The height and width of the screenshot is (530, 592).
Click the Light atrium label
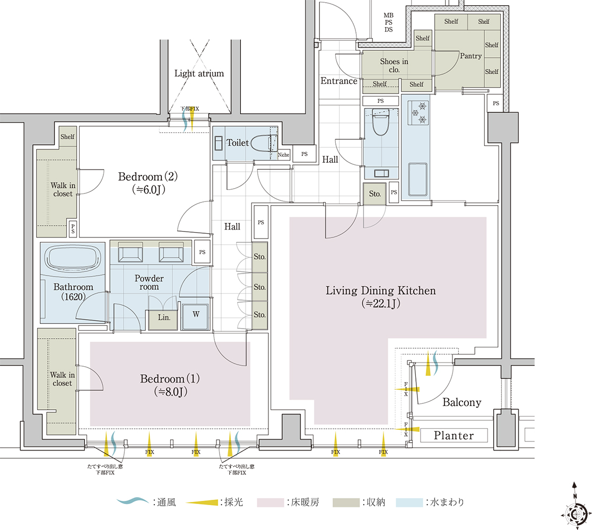click(x=199, y=73)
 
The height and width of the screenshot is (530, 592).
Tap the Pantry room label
click(x=471, y=56)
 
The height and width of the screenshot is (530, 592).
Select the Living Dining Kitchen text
click(x=380, y=290)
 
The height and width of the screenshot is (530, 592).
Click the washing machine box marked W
click(x=195, y=316)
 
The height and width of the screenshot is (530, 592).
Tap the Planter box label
click(x=454, y=435)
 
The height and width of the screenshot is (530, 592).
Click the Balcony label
click(x=462, y=402)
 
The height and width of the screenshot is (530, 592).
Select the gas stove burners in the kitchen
click(x=419, y=112)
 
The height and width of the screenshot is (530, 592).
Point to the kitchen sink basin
click(x=418, y=180)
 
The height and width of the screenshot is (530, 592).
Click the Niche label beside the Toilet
click(x=283, y=155)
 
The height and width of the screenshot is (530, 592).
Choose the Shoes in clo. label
click(x=394, y=65)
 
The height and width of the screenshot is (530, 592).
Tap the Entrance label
click(x=338, y=81)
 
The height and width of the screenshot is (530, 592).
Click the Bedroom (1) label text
click(x=170, y=378)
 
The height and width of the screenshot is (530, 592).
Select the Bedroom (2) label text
click(x=148, y=176)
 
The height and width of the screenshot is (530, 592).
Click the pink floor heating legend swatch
click(x=270, y=502)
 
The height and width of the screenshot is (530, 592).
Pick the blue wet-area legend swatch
click(x=410, y=502)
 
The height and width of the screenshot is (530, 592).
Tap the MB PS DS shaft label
click(x=388, y=22)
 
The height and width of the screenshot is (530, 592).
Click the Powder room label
click(x=149, y=282)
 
